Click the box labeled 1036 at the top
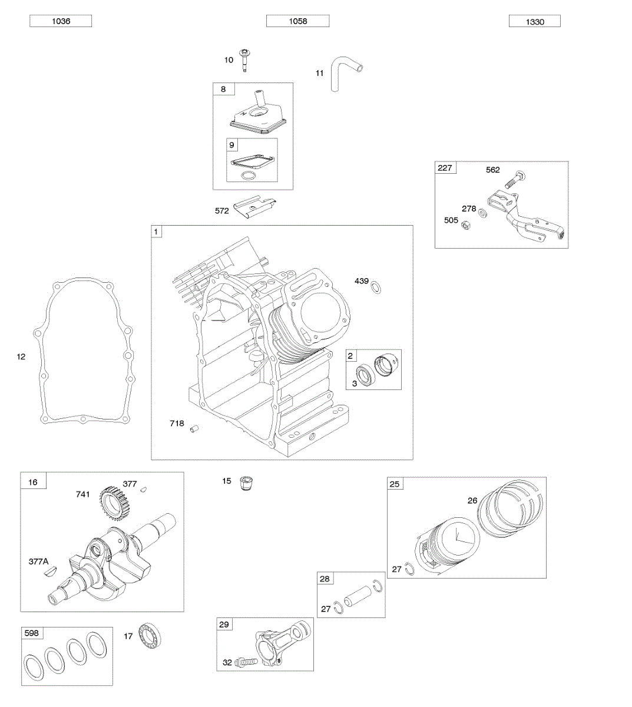(x=61, y=21)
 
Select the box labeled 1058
(x=297, y=21)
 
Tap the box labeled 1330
(x=534, y=22)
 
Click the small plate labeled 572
(x=255, y=209)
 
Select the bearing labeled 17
(x=150, y=636)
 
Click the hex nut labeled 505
(x=465, y=224)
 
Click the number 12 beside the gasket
(x=21, y=356)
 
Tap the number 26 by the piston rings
(x=472, y=501)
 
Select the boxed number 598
(x=32, y=633)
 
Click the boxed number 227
(x=445, y=168)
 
